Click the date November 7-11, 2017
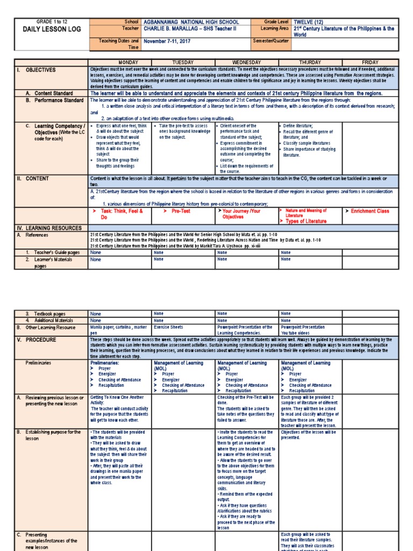point(171,41)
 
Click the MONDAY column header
point(120,62)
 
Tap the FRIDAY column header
point(370,62)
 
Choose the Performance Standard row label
point(54,100)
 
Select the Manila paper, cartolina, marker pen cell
point(118,329)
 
